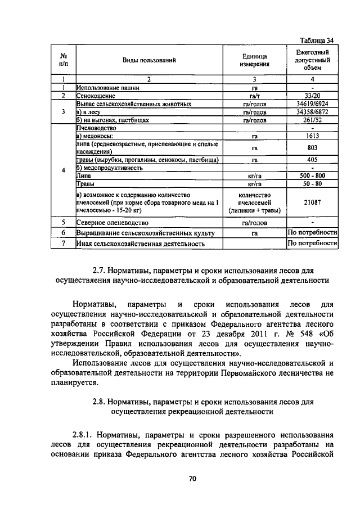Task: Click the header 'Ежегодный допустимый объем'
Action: point(312,60)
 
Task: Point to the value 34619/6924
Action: point(312,104)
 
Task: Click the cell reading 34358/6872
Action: point(312,112)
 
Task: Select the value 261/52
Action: point(312,120)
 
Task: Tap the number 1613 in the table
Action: point(312,136)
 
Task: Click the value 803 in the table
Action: point(312,147)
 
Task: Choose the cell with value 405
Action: point(312,160)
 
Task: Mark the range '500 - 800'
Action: point(312,175)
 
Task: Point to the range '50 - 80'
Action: point(312,183)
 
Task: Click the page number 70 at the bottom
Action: point(192,479)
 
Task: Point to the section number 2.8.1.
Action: point(84,435)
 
